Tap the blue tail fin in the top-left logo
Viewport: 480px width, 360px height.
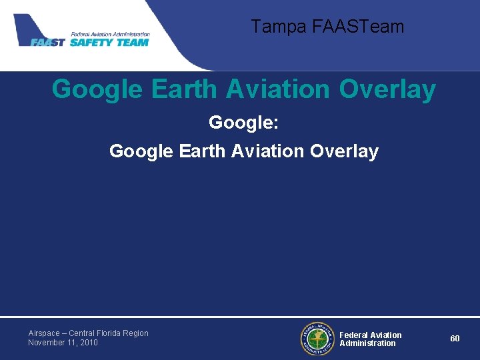click(29, 27)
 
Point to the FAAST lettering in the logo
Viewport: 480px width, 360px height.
click(48, 43)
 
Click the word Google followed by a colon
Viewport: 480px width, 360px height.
click(239, 123)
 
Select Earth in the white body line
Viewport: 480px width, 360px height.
click(203, 152)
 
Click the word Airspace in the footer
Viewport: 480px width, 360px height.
click(45, 333)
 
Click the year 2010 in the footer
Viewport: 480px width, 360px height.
click(89, 343)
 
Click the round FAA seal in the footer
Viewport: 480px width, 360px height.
click(317, 339)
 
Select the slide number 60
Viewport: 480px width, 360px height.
click(455, 339)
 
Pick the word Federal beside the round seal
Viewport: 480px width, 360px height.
click(353, 335)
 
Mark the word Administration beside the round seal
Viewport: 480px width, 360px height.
click(367, 343)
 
